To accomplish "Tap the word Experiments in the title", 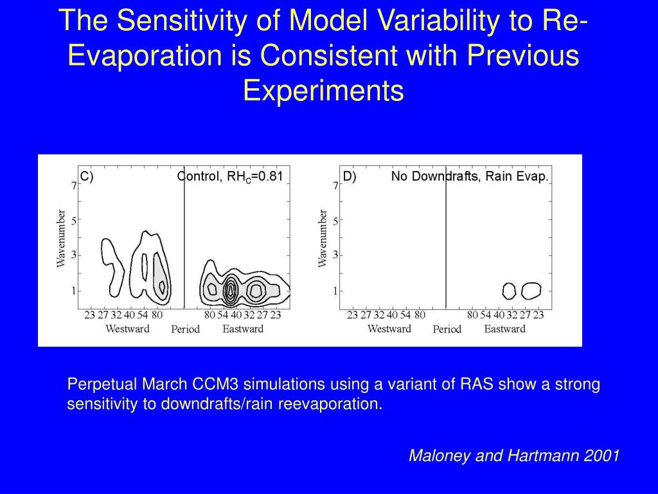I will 323,91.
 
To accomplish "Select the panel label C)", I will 87,176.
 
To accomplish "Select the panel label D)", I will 350,176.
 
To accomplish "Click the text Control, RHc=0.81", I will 230,176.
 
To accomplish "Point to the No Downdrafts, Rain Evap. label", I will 470,176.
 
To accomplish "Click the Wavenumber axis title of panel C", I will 61,237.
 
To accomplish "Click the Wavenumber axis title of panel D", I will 323,237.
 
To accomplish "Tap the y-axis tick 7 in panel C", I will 74,185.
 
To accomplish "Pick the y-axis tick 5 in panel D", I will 335,220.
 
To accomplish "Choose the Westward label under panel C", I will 127,329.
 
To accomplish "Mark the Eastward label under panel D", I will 504,329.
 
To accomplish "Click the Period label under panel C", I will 185,329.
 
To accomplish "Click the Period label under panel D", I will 447,329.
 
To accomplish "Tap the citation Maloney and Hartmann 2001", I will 514,456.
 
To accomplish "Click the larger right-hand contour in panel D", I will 531,291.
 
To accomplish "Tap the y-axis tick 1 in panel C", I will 74,291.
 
